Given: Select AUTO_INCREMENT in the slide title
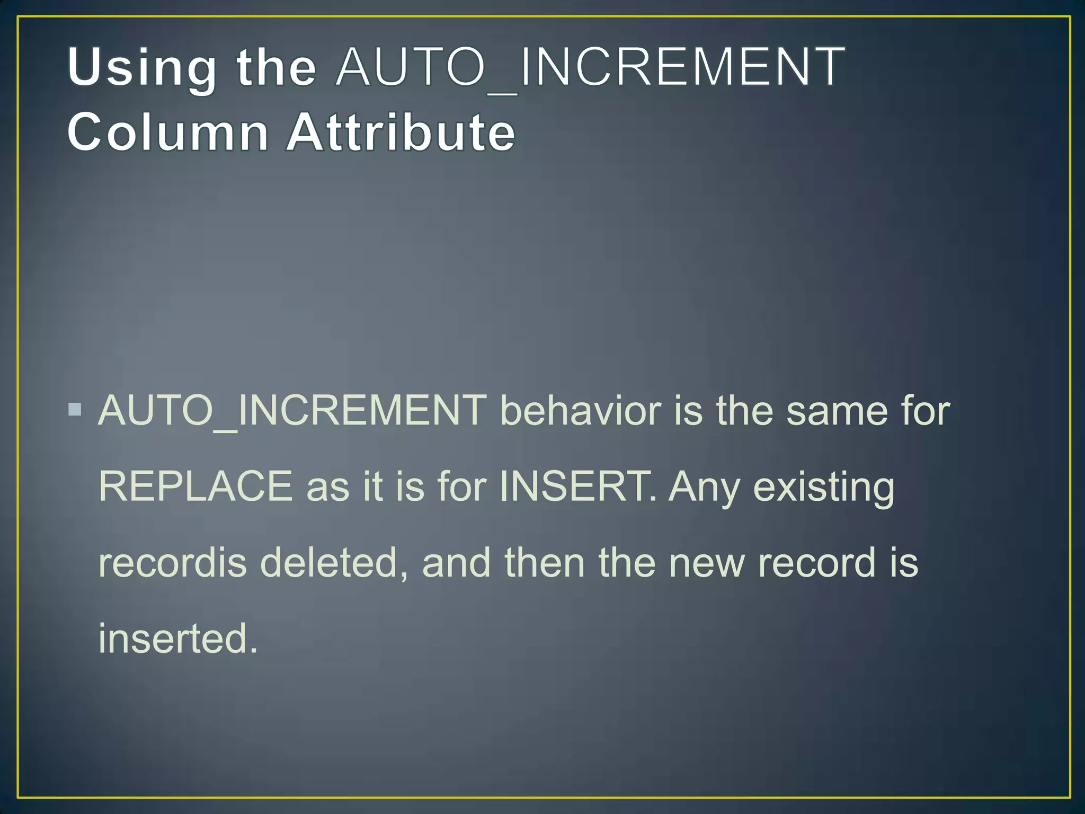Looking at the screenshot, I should (x=590, y=67).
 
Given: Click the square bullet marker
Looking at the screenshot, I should (x=75, y=410).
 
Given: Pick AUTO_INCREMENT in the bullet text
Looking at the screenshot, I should (x=292, y=410).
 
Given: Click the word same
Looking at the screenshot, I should (x=837, y=410).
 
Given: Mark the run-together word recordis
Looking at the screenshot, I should (x=173, y=562).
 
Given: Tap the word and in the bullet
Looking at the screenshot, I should (x=456, y=562).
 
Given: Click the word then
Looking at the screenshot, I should (x=545, y=562).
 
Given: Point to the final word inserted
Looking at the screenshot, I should (x=177, y=639).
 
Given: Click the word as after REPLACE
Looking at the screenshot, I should (x=328, y=487).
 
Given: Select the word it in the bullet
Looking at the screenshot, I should (x=373, y=486).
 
